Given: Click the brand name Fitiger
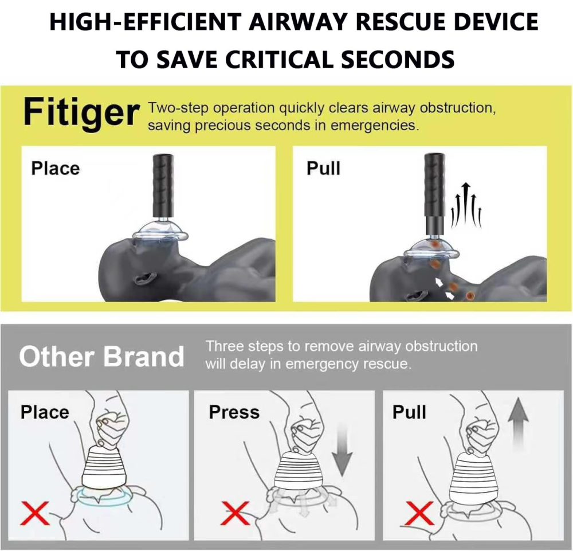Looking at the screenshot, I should (80, 113).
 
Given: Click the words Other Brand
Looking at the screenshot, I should (101, 356).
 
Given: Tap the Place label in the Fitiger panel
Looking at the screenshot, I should (55, 168).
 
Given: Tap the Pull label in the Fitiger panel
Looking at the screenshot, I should (323, 168).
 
